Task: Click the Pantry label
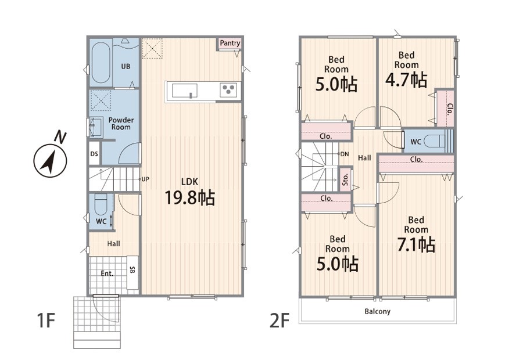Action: click(230, 43)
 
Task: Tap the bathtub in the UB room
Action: click(101, 63)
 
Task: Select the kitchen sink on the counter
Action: click(184, 91)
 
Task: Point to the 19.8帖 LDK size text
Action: click(190, 197)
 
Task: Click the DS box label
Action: click(94, 154)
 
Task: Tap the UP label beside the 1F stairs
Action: click(145, 179)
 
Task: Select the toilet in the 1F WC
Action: click(101, 204)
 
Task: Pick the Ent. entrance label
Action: click(107, 273)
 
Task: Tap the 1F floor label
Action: click(45, 320)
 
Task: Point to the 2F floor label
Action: click(279, 320)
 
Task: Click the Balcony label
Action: click(377, 312)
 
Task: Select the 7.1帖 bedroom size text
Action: click(416, 244)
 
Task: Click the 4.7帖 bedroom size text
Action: click(406, 80)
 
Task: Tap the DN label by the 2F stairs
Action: click(345, 154)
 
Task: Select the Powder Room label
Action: click(121, 123)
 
